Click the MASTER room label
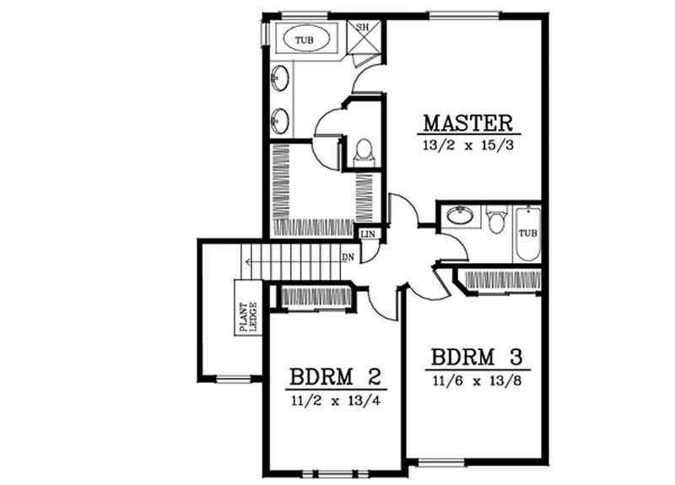coord(467,122)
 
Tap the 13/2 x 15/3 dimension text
coord(467,145)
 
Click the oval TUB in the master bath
coord(301,39)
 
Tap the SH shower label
coord(364,27)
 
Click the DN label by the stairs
coord(347,256)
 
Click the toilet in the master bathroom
coord(364,150)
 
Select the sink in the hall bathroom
coord(460,216)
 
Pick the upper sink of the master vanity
coord(279,81)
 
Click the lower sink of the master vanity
coord(279,121)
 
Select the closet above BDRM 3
coord(498,280)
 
